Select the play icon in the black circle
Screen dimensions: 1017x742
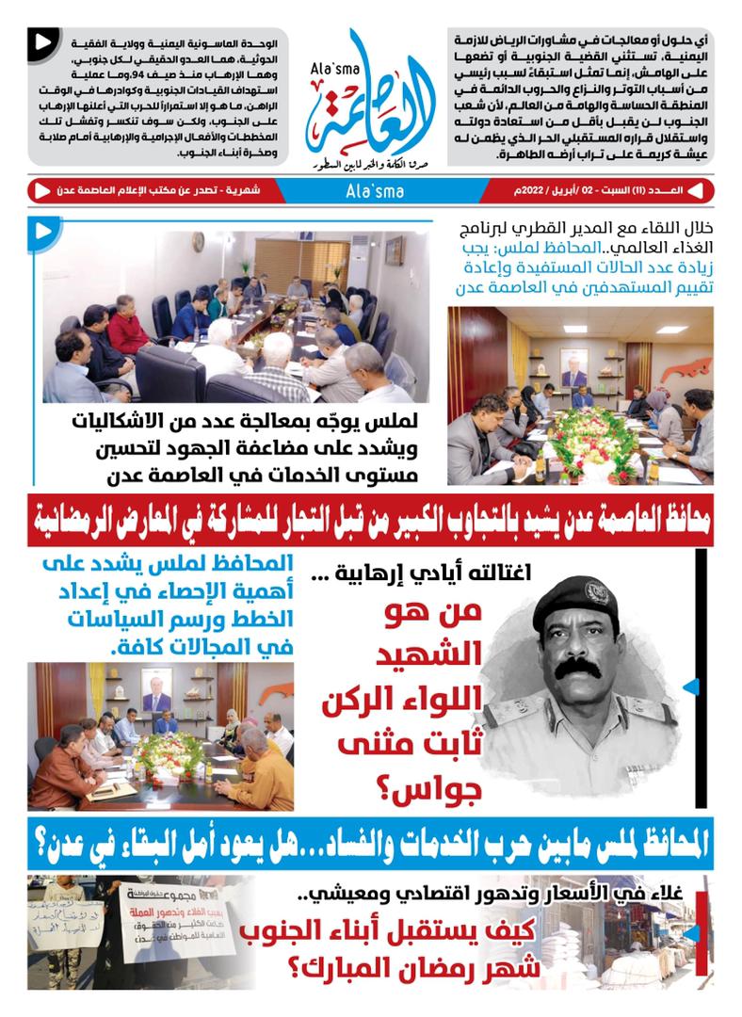(40, 41)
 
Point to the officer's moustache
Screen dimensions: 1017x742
(579, 670)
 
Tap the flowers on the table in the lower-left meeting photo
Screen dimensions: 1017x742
(169, 751)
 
